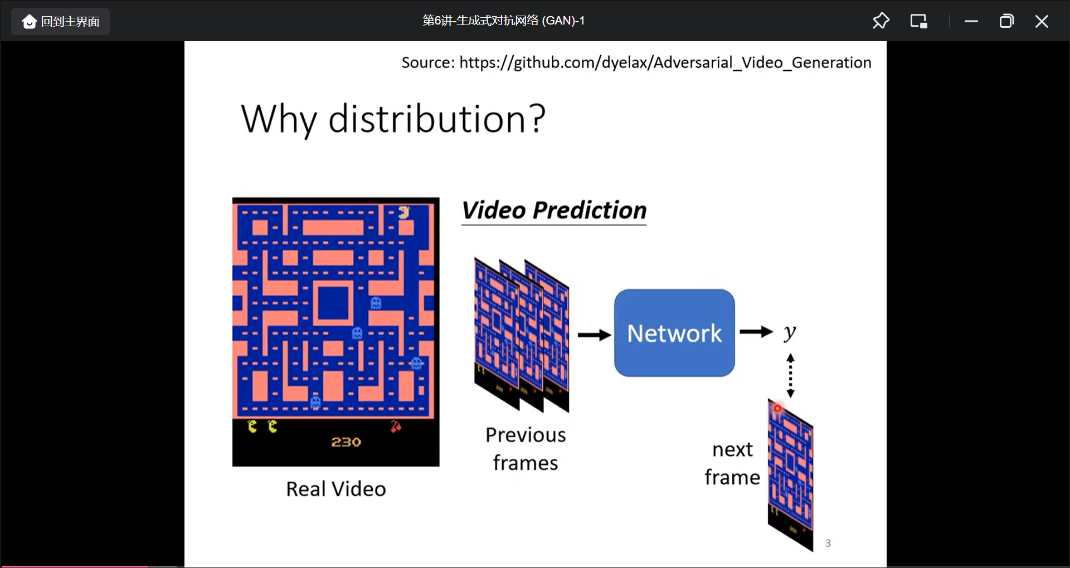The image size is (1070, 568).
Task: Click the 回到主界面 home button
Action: point(61,22)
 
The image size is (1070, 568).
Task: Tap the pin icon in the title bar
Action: point(881,21)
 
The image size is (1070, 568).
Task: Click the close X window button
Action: point(1041,22)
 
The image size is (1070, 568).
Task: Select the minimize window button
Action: point(971,22)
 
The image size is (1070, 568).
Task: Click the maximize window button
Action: point(1006,22)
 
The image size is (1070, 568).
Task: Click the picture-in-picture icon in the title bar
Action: point(918,21)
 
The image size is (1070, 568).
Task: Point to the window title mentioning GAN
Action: point(503,21)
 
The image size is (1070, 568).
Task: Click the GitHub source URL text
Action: point(665,62)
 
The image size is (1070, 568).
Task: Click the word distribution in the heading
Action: point(426,119)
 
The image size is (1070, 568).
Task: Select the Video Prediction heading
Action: point(555,210)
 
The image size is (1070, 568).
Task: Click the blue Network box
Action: point(674,333)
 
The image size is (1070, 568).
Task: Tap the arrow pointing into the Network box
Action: point(595,335)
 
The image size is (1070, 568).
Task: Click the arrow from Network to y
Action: point(756,332)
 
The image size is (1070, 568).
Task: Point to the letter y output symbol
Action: point(790,332)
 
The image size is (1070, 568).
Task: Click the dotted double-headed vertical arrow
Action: point(790,375)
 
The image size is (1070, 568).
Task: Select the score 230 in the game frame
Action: point(346,442)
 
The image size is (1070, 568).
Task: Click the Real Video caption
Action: point(336,489)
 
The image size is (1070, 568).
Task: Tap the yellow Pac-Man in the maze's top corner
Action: point(404,212)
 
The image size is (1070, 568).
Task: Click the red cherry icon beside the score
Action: point(396,427)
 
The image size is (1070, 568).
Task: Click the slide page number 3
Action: point(828,543)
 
